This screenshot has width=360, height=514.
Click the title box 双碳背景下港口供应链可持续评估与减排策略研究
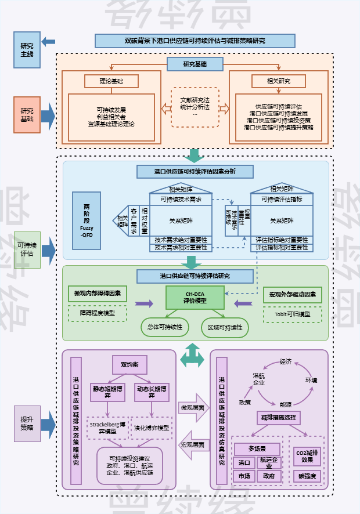(x=195, y=41)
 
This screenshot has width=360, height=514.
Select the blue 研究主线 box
(x=27, y=50)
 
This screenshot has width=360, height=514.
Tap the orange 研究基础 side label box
(x=27, y=114)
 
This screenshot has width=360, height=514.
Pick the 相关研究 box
(x=278, y=81)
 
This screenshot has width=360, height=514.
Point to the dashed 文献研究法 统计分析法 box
(x=195, y=107)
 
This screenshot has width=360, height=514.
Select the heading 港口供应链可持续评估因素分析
(x=195, y=172)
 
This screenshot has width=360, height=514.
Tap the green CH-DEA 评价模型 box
(x=195, y=298)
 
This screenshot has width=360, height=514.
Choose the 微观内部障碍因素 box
(x=97, y=294)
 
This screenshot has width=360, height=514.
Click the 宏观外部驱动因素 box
(x=293, y=294)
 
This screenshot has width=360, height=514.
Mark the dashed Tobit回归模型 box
(x=293, y=314)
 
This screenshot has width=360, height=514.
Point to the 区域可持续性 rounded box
(x=225, y=327)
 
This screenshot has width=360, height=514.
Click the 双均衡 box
(x=129, y=365)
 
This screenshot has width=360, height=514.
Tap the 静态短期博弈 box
(x=107, y=392)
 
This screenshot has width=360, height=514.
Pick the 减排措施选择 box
(x=279, y=417)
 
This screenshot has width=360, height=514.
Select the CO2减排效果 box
(x=308, y=457)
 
